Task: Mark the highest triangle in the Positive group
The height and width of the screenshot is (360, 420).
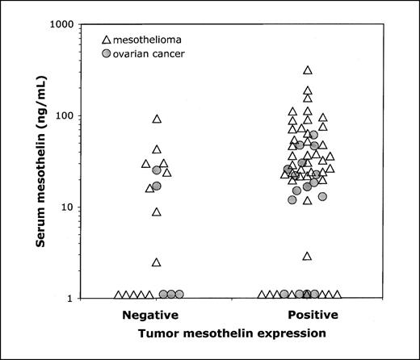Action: pos(308,71)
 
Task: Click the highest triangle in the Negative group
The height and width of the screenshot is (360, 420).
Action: pos(157,119)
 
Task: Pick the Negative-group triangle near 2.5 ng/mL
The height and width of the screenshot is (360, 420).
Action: pos(157,262)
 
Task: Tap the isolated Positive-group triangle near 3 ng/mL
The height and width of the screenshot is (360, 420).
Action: pos(308,256)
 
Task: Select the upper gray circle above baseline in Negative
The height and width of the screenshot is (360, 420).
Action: pos(157,170)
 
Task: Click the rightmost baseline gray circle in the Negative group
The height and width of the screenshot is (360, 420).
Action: pos(179,295)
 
